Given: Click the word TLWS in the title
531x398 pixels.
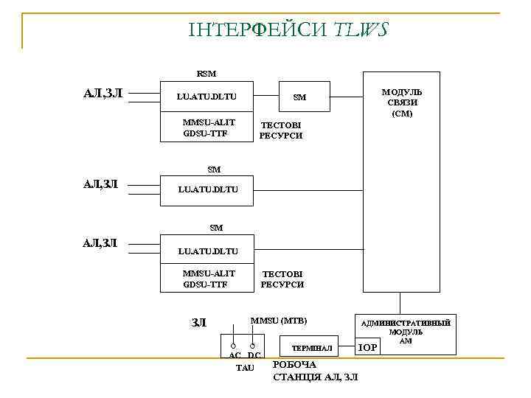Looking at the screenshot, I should point(361,29).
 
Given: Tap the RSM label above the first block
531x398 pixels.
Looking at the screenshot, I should point(206,73).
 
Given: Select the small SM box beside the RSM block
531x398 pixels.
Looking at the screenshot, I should point(299,97).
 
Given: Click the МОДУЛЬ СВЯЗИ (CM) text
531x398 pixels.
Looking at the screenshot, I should point(402,103).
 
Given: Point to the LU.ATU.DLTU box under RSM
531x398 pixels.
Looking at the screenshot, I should point(206,97).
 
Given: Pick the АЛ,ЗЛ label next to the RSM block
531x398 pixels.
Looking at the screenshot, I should point(103,93).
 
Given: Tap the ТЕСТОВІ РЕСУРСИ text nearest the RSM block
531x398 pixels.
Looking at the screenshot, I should point(281,130).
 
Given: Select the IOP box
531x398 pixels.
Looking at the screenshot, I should point(367,347).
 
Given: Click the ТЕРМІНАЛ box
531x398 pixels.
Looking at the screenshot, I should point(312,347).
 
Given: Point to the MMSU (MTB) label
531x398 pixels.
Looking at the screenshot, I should point(278,321).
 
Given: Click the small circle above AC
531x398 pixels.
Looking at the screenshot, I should point(232,345).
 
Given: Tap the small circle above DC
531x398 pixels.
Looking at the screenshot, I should point(253,345).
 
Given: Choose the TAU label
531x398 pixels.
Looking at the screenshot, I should point(244,367).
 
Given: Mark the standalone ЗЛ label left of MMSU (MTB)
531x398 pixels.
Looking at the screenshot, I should point(198,322).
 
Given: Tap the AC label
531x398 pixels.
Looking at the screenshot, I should point(235,356).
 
